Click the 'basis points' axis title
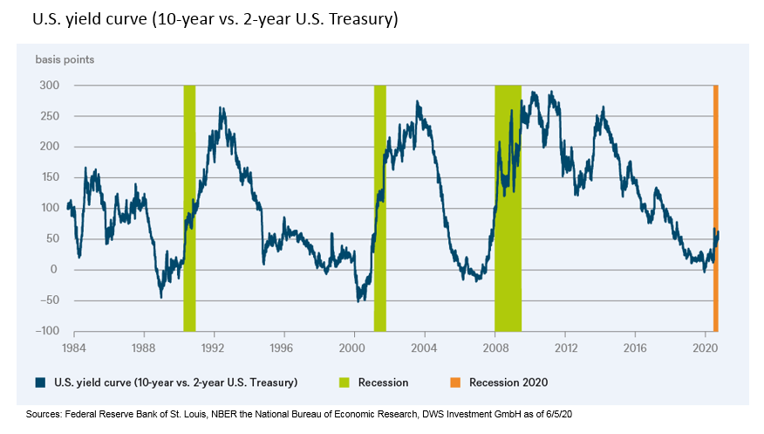(65, 59)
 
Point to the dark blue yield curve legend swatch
(40, 382)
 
